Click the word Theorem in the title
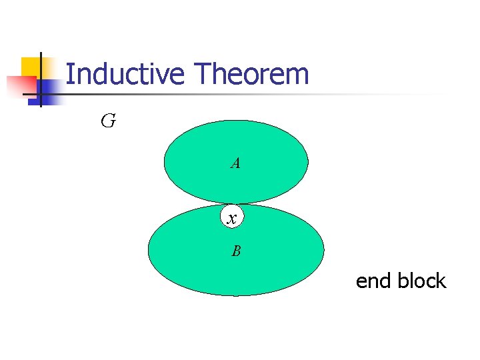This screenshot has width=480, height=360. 251,74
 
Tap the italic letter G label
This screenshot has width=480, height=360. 107,121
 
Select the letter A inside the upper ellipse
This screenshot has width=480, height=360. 235,163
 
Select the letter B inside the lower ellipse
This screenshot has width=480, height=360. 236,251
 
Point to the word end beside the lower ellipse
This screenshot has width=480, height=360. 373,281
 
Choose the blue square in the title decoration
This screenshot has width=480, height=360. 47,91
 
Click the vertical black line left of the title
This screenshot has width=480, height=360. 40,80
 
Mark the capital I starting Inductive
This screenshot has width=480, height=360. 69,74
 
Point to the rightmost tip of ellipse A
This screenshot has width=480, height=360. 308,161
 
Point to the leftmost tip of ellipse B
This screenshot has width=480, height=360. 148,250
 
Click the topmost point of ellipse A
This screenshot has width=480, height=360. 236,120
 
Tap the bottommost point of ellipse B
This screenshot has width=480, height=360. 236,295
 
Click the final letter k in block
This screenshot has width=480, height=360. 441,281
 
